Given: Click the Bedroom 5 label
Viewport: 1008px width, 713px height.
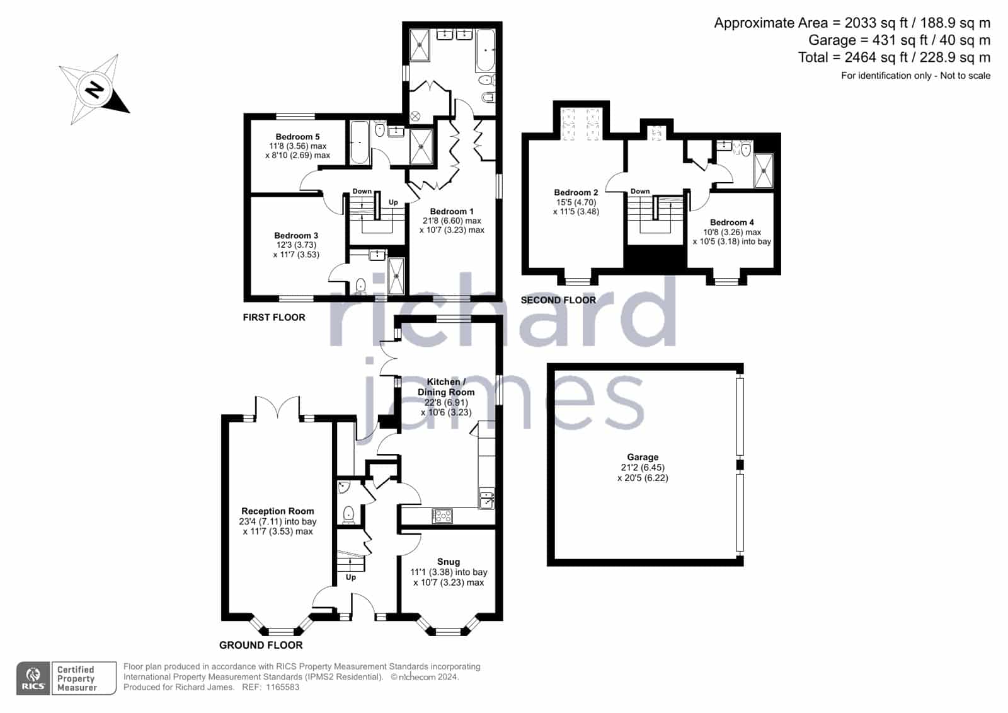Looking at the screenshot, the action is click(x=297, y=136).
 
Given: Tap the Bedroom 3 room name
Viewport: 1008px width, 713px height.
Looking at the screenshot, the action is click(x=296, y=236).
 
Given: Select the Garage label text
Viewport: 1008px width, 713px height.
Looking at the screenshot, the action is click(x=643, y=457).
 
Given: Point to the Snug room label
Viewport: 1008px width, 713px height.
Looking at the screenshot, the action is click(x=449, y=562).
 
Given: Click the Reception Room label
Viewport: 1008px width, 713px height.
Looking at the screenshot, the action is click(x=278, y=511).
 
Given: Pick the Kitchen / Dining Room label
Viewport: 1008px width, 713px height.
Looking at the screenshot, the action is click(x=446, y=387).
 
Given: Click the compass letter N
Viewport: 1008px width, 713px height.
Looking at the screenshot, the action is click(x=94, y=89).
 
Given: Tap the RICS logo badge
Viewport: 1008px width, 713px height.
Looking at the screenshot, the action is click(x=33, y=678).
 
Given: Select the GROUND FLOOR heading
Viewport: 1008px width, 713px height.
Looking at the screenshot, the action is click(x=261, y=645).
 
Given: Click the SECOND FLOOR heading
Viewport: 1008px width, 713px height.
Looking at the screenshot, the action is click(x=558, y=300).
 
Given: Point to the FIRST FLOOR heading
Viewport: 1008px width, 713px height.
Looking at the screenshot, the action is click(x=274, y=318).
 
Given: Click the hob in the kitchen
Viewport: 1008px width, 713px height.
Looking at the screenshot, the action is click(x=442, y=516).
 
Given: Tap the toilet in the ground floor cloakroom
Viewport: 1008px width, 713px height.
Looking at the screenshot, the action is click(x=348, y=514).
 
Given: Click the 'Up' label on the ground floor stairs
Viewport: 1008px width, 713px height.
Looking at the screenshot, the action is click(x=351, y=577).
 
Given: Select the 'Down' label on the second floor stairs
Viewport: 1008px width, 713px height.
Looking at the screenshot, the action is click(x=640, y=192).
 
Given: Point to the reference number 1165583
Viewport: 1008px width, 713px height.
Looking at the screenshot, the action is click(x=283, y=687).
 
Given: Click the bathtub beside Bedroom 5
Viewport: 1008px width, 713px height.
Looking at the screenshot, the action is click(x=360, y=142).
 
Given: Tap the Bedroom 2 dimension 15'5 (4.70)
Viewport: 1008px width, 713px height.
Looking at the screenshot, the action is click(x=576, y=202).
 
